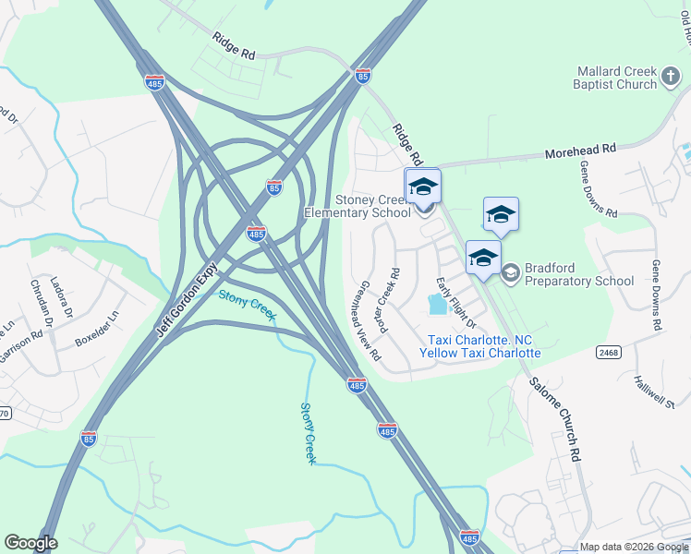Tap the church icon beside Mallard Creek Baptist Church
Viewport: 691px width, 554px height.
tap(673, 83)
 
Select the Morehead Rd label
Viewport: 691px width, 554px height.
tap(580, 149)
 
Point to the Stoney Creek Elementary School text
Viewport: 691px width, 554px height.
tap(358, 206)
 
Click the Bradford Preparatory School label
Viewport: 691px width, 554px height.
tap(579, 274)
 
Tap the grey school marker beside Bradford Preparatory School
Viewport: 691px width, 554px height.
tap(510, 271)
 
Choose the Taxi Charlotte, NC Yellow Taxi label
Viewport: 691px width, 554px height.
tap(480, 346)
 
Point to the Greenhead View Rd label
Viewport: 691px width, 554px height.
tap(369, 320)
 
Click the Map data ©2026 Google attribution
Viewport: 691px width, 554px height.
tap(634, 547)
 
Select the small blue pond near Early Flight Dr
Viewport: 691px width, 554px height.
tap(435, 303)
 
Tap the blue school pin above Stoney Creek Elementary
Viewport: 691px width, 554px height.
tap(423, 186)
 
